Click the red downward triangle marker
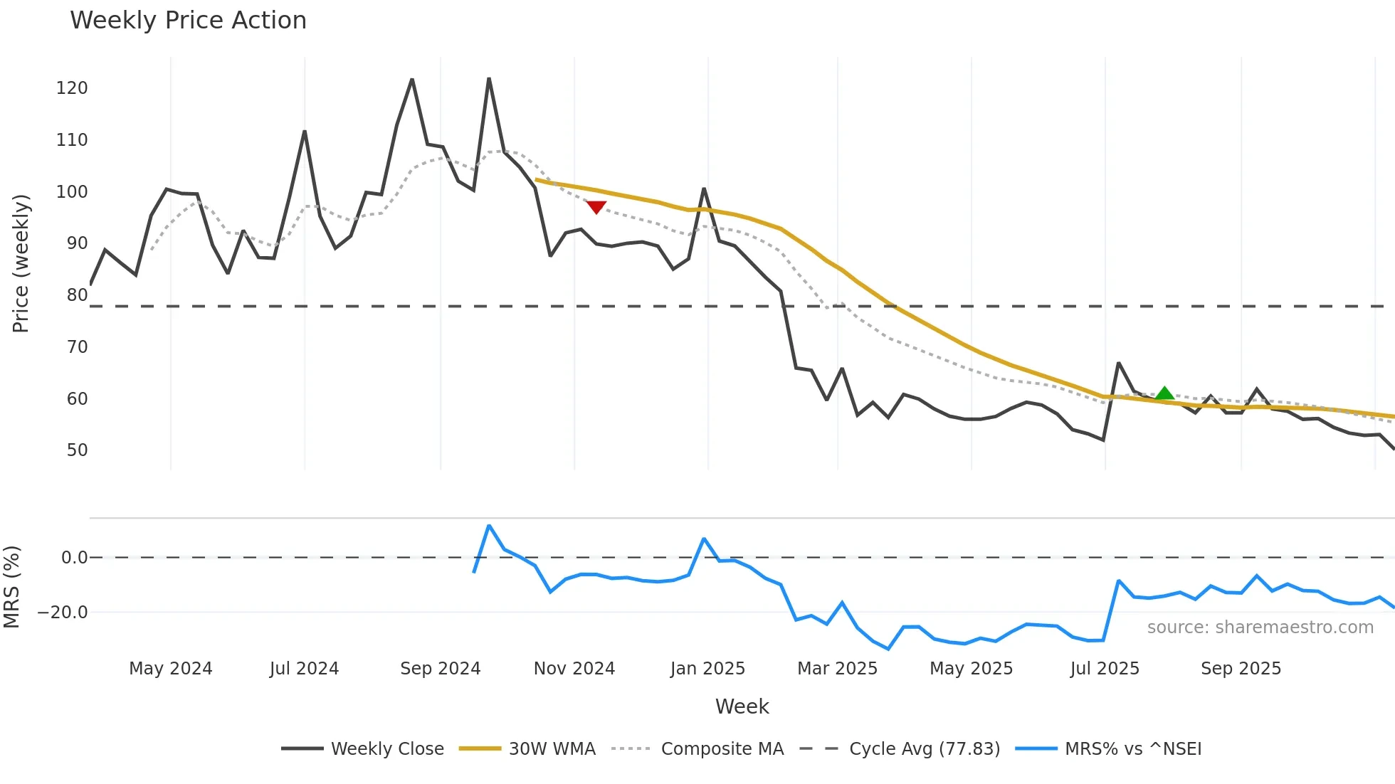[x=596, y=207]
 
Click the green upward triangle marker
[x=1164, y=393]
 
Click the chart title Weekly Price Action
[x=188, y=20]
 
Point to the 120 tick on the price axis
[x=72, y=88]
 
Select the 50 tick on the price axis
[x=77, y=450]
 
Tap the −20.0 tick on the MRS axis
[x=63, y=613]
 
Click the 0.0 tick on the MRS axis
[x=74, y=558]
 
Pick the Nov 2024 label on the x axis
[x=574, y=669]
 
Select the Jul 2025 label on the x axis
[x=1104, y=669]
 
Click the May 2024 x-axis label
[x=170, y=669]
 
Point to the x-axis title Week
[x=742, y=706]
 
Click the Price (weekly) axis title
[x=21, y=263]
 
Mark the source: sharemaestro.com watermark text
[x=1260, y=627]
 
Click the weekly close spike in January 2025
[x=704, y=189]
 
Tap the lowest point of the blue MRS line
[x=888, y=649]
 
